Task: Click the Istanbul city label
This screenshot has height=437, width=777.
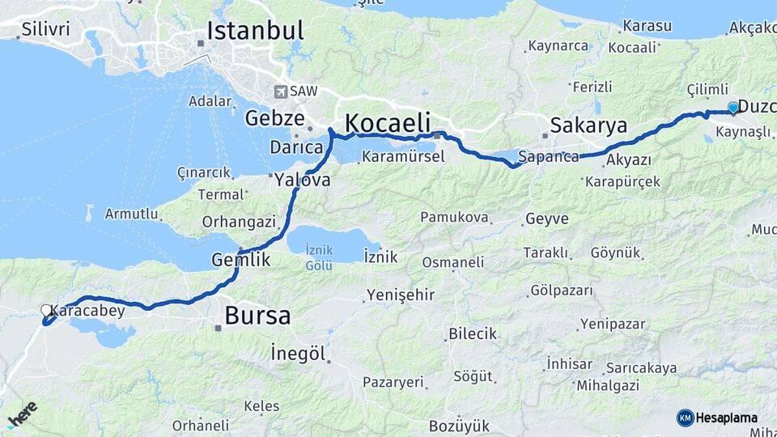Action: (x=255, y=32)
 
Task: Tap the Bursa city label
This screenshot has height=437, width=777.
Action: (x=257, y=316)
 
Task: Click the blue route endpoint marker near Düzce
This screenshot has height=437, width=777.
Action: (x=733, y=107)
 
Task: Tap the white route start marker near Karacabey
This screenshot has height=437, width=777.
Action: (x=46, y=310)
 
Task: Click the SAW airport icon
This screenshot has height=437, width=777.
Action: (x=281, y=91)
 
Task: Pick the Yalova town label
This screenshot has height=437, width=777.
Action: (x=302, y=180)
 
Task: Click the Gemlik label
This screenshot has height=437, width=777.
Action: (x=240, y=260)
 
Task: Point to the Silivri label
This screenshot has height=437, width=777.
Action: (x=45, y=30)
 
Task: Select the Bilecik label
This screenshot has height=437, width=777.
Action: (x=473, y=334)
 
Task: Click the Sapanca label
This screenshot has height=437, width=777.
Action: (x=549, y=157)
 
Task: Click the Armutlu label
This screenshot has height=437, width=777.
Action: (x=131, y=214)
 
